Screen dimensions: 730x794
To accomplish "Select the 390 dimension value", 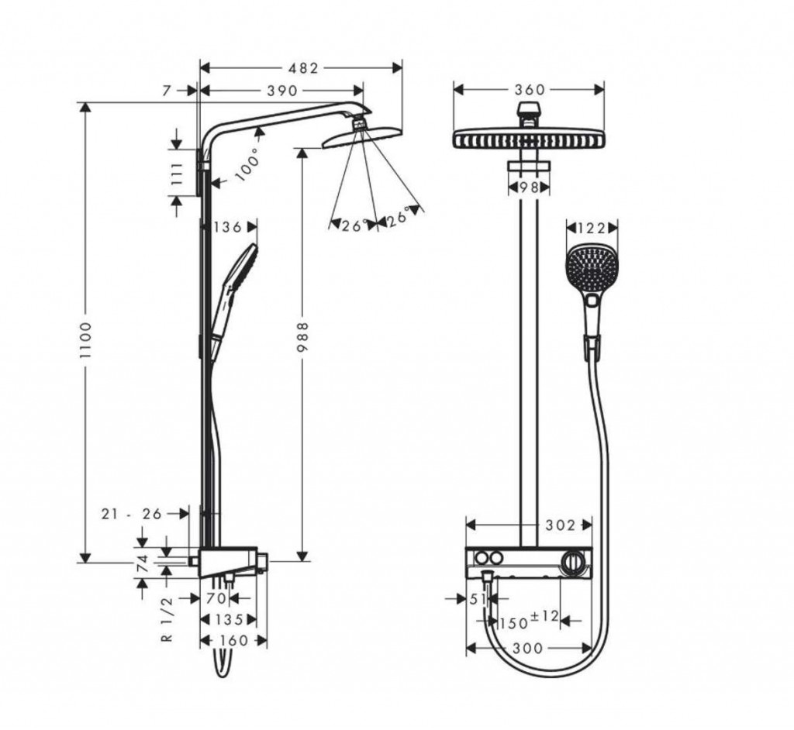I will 281,91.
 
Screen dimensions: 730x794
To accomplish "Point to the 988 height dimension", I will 303,338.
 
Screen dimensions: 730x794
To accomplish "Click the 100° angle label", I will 246,164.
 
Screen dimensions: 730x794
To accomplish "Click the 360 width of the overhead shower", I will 530,90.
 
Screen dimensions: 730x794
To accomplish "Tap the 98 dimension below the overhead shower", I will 529,187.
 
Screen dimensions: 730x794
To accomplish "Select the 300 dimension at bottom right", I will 529,648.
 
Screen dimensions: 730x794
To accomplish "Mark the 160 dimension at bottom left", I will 233,640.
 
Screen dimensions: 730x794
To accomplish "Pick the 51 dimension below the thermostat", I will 478,599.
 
